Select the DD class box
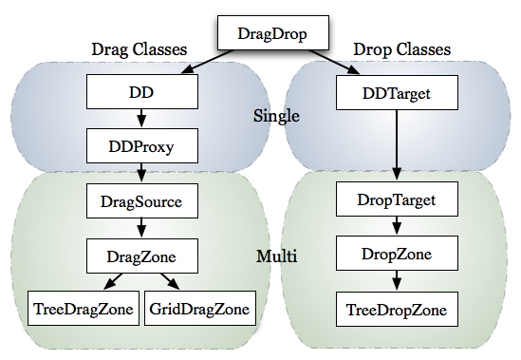pos(142,92)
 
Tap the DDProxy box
pos(142,146)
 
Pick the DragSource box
pos(141,201)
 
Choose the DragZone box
pos(141,255)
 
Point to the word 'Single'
pos(277,117)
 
